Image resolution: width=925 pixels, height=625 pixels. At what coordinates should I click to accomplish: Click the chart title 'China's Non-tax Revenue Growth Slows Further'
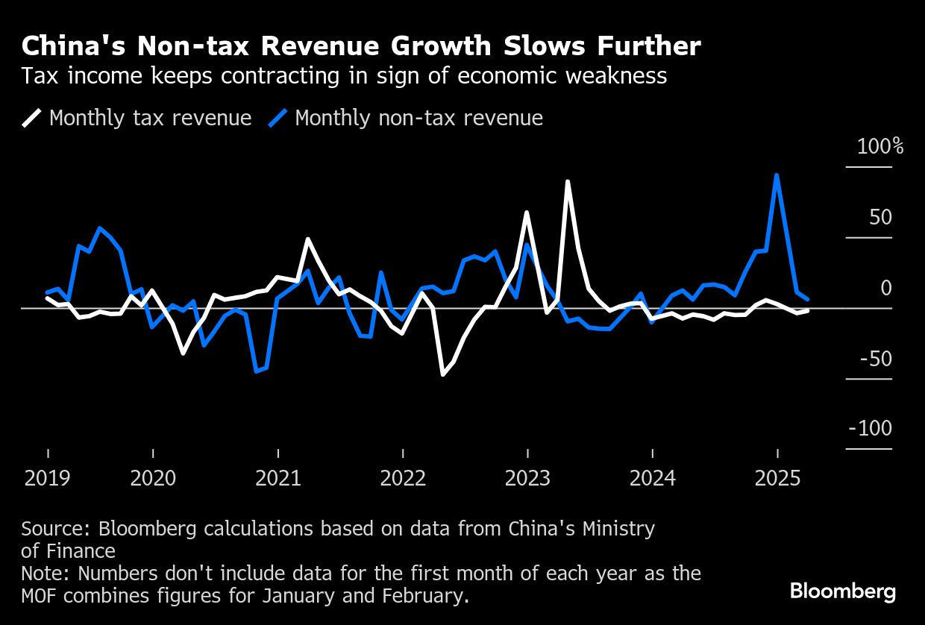coord(361,46)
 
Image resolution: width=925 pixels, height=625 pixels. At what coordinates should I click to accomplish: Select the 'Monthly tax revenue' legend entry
coord(150,118)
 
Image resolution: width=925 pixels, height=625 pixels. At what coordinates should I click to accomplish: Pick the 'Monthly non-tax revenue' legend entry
coord(418,118)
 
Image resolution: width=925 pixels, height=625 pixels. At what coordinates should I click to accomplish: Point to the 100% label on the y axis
coord(880,146)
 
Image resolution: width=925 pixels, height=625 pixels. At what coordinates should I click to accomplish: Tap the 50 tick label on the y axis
coord(880,217)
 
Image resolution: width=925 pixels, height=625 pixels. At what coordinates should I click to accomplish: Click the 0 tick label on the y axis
coord(885,288)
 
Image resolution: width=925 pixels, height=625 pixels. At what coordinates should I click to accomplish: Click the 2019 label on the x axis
coord(48,478)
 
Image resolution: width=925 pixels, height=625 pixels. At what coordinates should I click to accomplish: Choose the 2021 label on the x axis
coord(278,478)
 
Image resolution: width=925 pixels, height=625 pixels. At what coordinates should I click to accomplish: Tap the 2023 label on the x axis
coord(527,478)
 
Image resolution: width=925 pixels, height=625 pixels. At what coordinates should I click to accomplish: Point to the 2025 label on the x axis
coord(777,478)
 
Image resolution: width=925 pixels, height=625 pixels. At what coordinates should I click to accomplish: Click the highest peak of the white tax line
coord(568,181)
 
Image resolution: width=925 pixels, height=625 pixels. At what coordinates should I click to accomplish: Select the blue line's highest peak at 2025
coord(777,175)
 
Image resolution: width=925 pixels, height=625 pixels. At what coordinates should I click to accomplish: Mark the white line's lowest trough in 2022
coord(442,374)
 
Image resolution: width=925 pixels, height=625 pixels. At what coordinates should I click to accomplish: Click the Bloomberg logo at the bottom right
coord(843,592)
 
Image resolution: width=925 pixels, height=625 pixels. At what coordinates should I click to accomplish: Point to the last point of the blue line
coord(808,300)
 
